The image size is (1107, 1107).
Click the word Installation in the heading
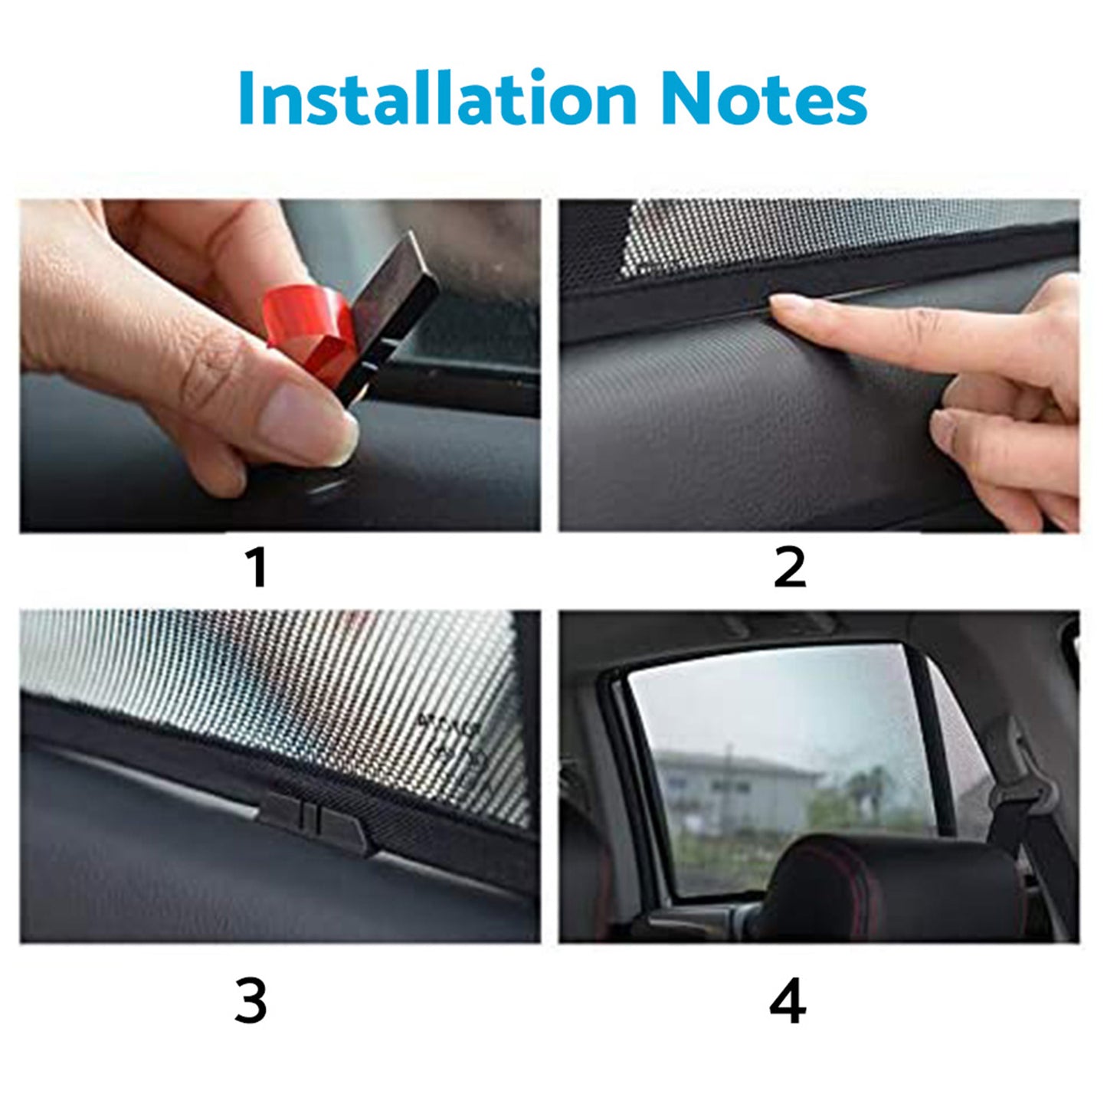[x=437, y=98]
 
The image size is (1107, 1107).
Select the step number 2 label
[x=790, y=568]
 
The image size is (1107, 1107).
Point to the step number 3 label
[x=251, y=1001]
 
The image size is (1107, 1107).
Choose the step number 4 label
[x=788, y=1001]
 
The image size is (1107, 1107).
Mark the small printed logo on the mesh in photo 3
[x=452, y=739]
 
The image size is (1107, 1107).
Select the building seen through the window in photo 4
[x=735, y=789]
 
